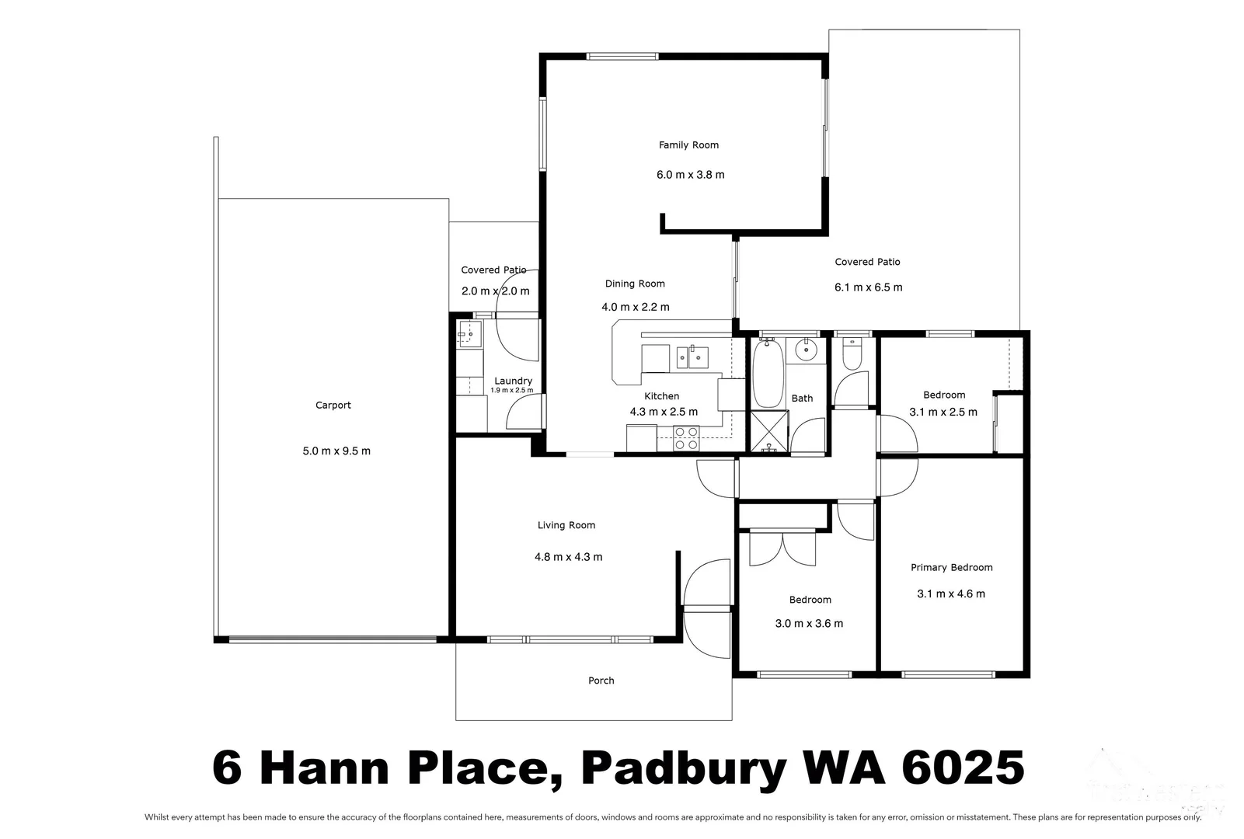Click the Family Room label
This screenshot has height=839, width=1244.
coord(688,144)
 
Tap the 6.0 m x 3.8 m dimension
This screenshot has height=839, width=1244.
coord(690,175)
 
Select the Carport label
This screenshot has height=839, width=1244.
coord(333,405)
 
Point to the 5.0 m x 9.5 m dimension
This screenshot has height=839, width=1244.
coord(336,451)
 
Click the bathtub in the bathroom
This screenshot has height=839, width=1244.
coord(768,373)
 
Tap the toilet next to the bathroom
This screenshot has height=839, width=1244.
coord(852,353)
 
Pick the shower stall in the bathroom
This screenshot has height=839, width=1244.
coord(768,432)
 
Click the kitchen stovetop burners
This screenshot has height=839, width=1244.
coord(685,439)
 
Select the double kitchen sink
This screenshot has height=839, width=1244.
coord(692,357)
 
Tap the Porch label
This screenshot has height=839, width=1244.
coord(601,681)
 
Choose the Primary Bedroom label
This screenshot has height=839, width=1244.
coord(951,567)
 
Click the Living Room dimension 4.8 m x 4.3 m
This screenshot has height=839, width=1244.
coord(568,557)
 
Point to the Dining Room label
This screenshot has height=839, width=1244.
coord(635,284)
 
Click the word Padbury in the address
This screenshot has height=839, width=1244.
coord(684,769)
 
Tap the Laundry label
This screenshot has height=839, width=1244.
coord(513,381)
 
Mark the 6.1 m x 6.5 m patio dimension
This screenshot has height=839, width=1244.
coord(868,287)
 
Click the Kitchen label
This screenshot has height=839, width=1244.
coord(661,396)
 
